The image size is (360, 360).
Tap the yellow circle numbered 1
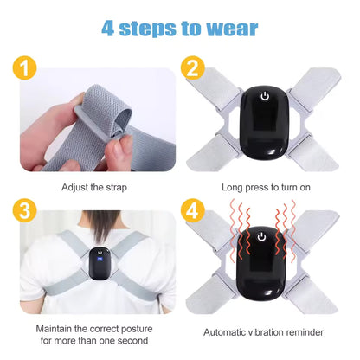pyautogui.click(x=25, y=68)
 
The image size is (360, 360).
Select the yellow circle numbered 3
pyautogui.click(x=25, y=211)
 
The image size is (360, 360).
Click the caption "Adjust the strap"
pyautogui.click(x=96, y=186)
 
